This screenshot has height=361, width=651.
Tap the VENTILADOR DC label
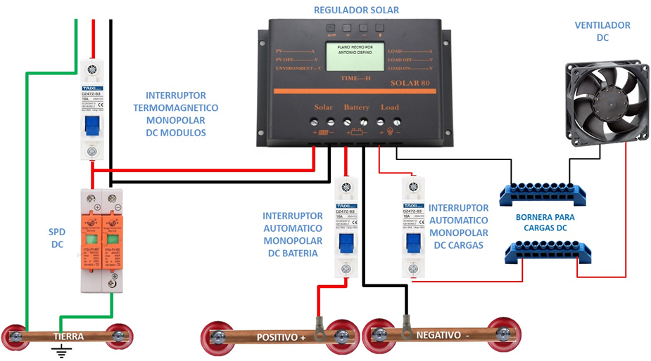[x=602, y=32]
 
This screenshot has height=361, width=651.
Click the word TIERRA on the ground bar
[x=68, y=336]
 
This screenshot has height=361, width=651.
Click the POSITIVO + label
[x=282, y=337]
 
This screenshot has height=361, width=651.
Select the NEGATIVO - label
[x=443, y=336]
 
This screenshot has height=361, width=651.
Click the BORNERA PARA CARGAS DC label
[x=551, y=223]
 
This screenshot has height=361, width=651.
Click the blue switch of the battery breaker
[x=345, y=242]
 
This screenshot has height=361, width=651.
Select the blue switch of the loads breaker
[x=412, y=242]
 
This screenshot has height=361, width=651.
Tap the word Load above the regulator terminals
[x=389, y=107]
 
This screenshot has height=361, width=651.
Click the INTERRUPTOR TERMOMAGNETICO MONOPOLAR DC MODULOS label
[x=176, y=113]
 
